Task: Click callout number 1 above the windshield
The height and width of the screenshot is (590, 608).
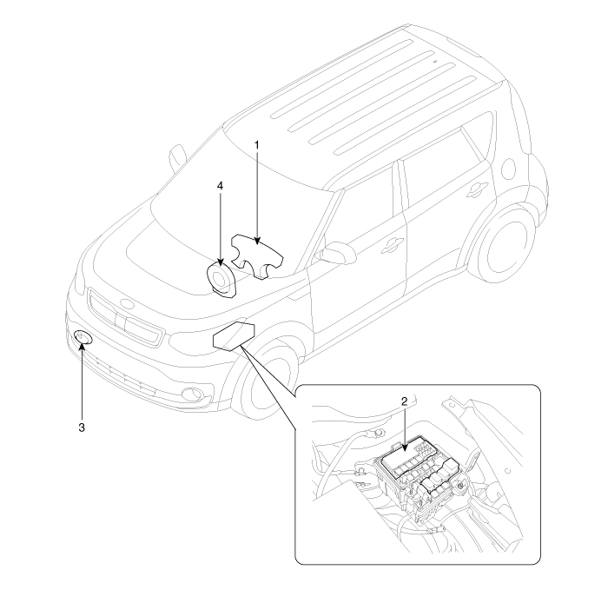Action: tap(257, 145)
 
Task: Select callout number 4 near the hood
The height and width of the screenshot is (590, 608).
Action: tap(221, 186)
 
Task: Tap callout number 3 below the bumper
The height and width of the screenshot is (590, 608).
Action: tap(82, 428)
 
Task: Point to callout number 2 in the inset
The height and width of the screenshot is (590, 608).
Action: tap(404, 401)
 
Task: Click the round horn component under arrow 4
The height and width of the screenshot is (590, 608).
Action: tap(221, 279)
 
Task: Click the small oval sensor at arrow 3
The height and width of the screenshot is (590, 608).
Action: tap(83, 336)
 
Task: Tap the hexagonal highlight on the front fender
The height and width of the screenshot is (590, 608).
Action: tap(234, 335)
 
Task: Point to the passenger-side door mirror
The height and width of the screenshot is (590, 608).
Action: tap(336, 253)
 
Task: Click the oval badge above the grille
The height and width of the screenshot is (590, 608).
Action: tap(126, 304)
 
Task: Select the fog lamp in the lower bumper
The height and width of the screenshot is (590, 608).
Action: tap(193, 394)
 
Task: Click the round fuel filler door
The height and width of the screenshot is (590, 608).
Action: tap(508, 169)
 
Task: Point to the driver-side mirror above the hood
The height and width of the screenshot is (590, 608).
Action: tap(177, 158)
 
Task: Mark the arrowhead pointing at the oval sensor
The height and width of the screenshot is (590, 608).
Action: tap(82, 345)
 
